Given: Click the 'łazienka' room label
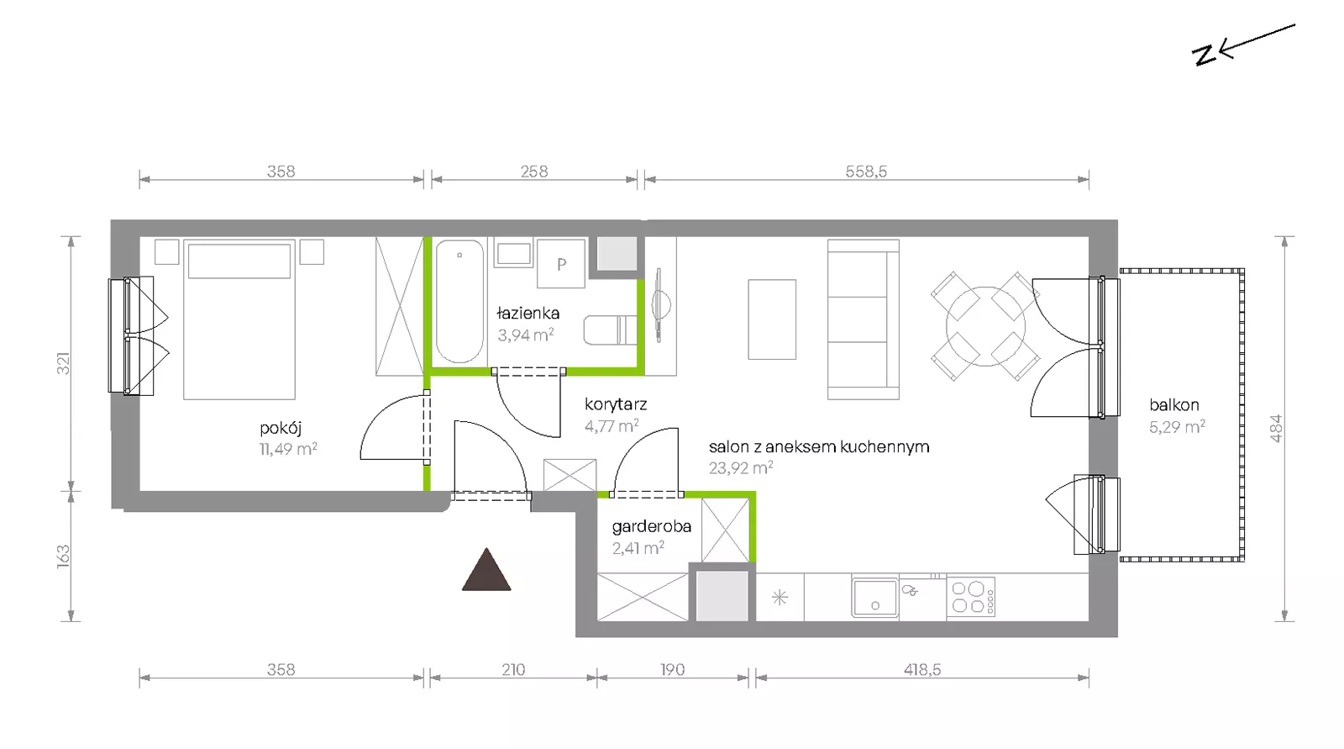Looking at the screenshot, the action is tap(528, 313).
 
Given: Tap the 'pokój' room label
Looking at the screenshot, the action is tap(281, 428).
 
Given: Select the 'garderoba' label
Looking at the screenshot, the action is tap(652, 527).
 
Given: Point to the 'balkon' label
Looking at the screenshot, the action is tap(1174, 405).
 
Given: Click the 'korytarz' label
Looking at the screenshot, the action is tap(616, 405).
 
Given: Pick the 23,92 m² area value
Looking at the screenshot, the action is tap(740, 468).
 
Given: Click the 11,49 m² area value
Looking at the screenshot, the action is tap(288, 449).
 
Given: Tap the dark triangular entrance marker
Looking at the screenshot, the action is tap(486, 569).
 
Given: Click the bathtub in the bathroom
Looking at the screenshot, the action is tap(459, 302).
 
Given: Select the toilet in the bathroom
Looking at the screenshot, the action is tap(610, 330).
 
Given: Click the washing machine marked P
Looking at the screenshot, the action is tap(561, 264).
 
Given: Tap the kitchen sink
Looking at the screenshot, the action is tap(874, 598).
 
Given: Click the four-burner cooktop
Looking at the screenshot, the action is tap(971, 597).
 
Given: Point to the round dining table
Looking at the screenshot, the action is tap(985, 326).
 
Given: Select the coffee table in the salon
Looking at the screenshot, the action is tap(772, 319).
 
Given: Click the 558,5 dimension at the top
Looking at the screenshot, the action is tap(866, 171).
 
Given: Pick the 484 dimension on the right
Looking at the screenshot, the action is tap(1276, 429).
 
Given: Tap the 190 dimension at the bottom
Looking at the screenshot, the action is tap(673, 670).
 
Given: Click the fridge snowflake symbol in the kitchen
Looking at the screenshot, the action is tap(780, 598).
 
